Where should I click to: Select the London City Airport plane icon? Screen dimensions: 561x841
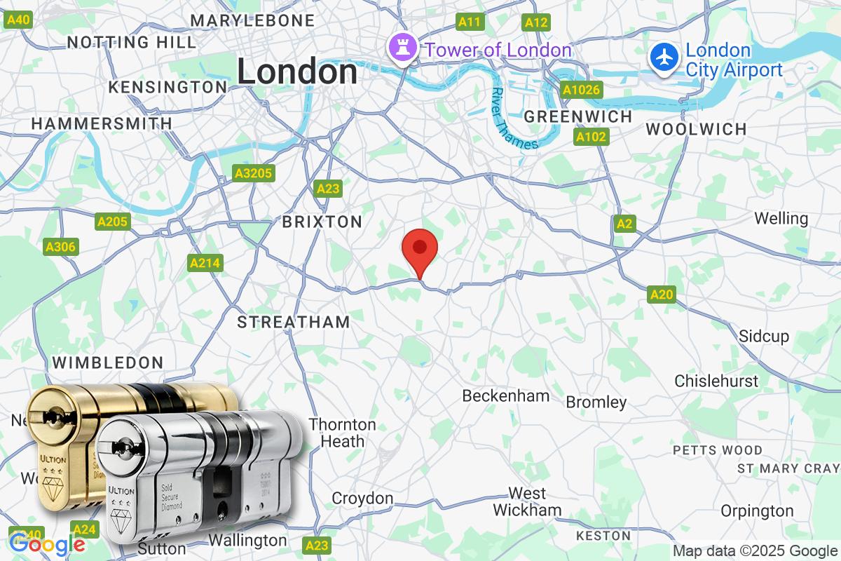point(663,57)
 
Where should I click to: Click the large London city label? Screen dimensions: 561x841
point(297,72)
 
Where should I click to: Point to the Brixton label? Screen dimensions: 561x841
point(322,222)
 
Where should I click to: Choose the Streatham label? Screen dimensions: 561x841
point(294,322)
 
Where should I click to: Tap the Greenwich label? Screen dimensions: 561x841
point(577,116)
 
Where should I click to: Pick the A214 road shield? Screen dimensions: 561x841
point(205,264)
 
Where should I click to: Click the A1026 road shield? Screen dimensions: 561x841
point(581,90)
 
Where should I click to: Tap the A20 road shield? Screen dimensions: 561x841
point(661,295)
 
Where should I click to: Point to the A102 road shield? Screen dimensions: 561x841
point(590,137)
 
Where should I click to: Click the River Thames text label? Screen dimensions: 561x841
point(514,119)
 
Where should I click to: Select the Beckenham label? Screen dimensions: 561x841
point(505,396)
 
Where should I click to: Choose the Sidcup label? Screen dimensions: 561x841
point(764,336)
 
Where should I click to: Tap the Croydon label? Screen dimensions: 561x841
point(362,499)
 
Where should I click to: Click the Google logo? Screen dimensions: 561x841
point(47,544)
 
